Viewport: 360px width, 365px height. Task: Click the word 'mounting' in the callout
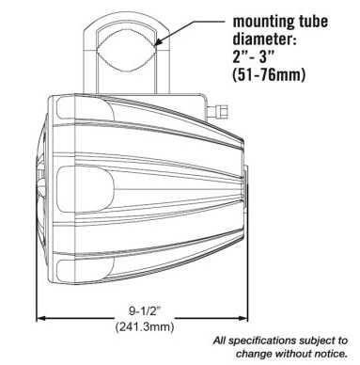[261, 23]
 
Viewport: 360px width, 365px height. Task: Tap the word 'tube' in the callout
[311, 22]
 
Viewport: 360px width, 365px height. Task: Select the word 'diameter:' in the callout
[265, 40]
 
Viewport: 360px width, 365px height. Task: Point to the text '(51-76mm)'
[269, 75]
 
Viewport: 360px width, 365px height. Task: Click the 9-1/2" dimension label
[145, 311]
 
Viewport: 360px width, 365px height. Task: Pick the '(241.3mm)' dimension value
[145, 327]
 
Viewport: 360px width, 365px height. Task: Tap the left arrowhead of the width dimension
[41, 318]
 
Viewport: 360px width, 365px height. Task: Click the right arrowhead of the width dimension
[243, 318]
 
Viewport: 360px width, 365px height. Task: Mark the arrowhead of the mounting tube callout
[160, 41]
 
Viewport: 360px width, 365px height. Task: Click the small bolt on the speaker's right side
[219, 110]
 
